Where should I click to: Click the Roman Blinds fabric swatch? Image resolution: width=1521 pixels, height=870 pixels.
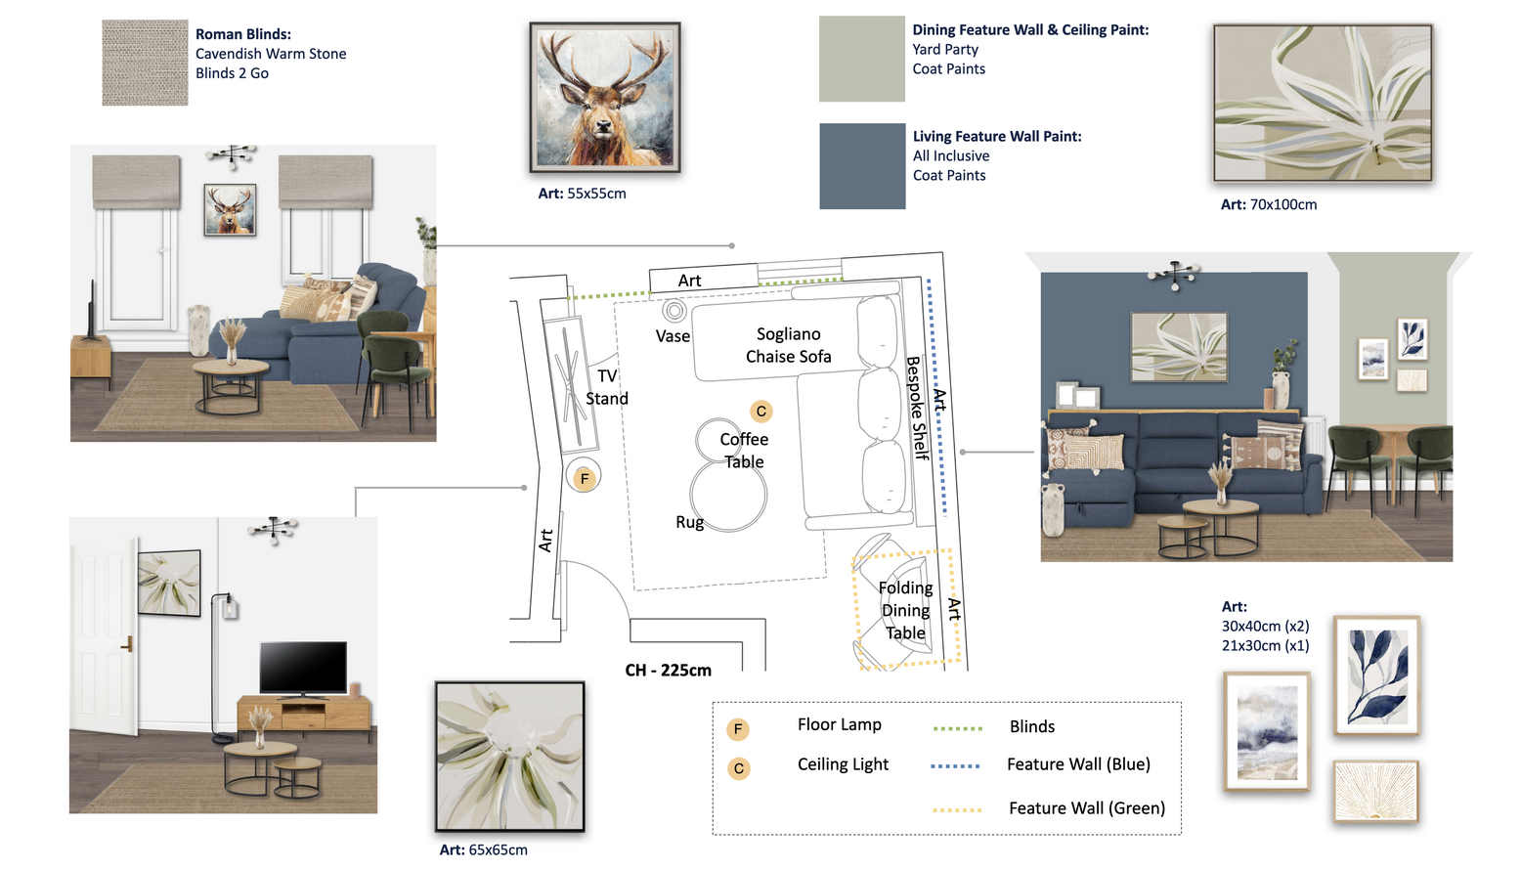click(145, 63)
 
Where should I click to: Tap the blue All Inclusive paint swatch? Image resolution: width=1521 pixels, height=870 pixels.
click(862, 166)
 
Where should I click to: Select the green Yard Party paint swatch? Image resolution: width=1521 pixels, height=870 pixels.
click(862, 59)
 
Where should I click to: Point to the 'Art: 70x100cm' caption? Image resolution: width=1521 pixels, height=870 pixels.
click(1269, 204)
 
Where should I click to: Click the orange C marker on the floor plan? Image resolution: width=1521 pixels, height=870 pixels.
click(761, 411)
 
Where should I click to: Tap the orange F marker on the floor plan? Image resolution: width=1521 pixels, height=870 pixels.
click(584, 479)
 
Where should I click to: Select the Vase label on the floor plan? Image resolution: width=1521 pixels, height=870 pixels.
click(673, 336)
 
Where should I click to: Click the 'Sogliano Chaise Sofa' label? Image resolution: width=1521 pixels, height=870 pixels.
click(788, 345)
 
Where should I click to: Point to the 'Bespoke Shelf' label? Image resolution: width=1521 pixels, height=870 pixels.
click(917, 408)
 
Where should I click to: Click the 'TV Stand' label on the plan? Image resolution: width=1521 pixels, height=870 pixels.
click(607, 387)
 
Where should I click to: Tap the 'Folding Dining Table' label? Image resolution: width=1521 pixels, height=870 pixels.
click(906, 610)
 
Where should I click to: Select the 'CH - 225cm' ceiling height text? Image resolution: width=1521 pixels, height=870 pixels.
click(669, 671)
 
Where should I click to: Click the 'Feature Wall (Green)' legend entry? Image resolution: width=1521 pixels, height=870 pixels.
click(1086, 808)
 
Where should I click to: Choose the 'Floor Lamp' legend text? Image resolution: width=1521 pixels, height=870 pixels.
click(840, 724)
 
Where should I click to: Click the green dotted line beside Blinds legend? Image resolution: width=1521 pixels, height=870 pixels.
click(957, 728)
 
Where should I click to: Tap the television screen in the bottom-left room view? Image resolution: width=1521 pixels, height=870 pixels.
click(303, 667)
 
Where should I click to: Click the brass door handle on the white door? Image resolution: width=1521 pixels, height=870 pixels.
click(127, 643)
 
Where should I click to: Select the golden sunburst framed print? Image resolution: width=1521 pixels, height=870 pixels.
click(1375, 791)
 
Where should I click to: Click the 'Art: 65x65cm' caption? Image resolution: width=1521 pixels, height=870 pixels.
click(484, 849)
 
